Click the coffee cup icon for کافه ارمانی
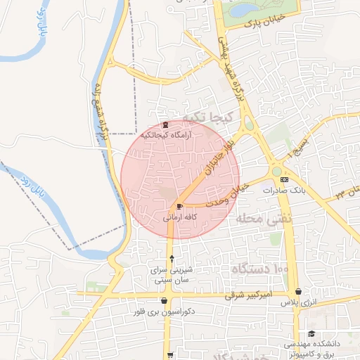click(180, 207)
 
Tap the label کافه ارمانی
click(180, 218)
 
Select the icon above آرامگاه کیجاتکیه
click(165, 124)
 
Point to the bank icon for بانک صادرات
click(284, 180)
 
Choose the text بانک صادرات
click(283, 191)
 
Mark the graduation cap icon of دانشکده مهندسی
click(311, 334)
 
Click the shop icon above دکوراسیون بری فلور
click(164, 301)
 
